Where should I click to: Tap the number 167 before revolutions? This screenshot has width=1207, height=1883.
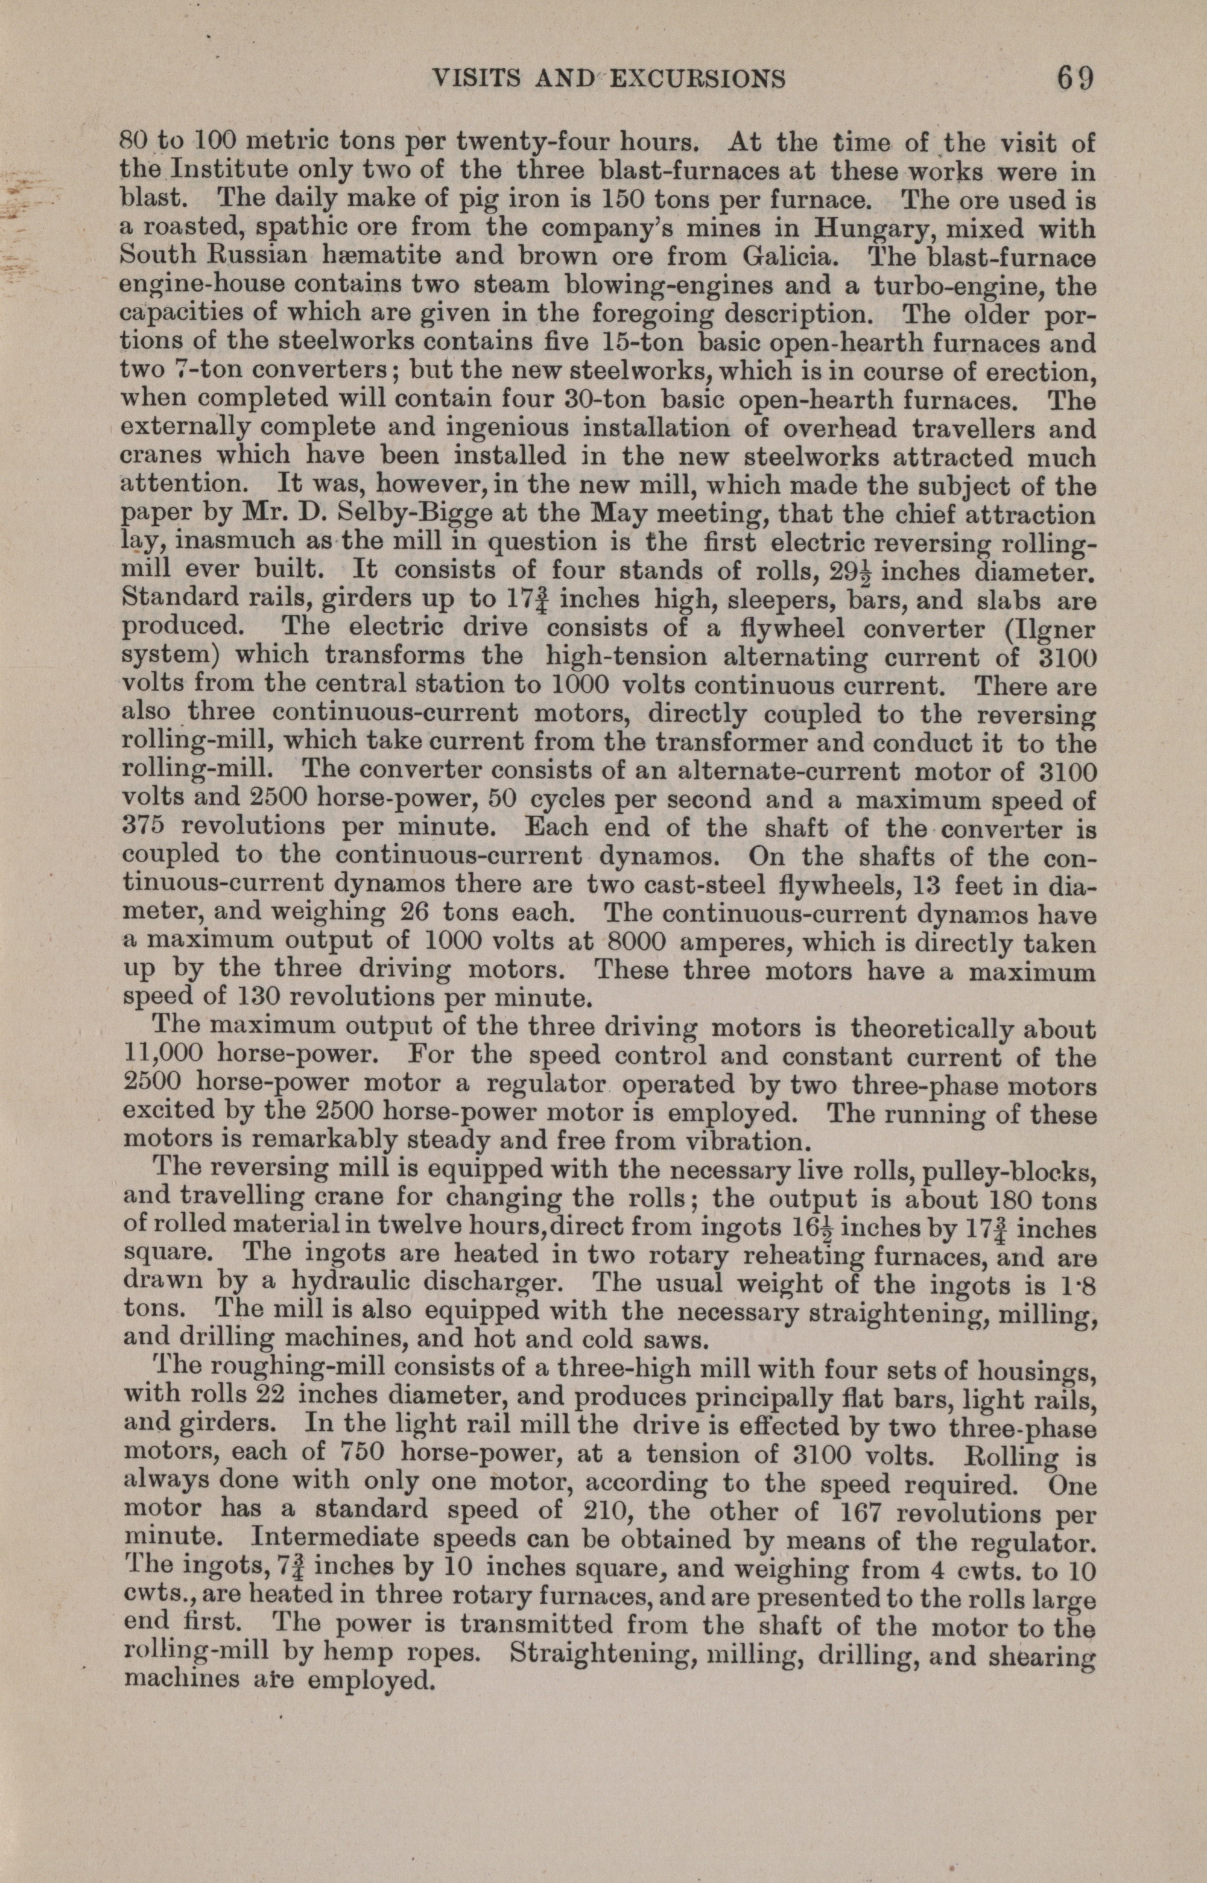point(861,1512)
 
